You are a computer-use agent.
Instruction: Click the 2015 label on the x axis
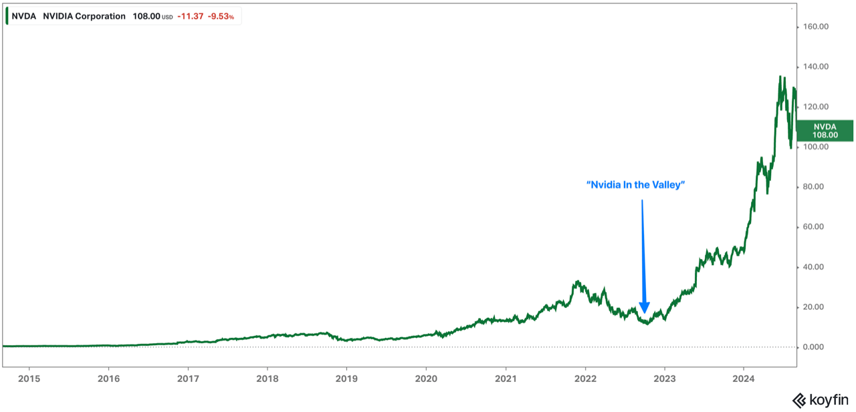click(29, 379)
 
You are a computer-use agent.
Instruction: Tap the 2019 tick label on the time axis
click(346, 379)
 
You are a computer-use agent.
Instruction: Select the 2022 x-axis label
click(584, 379)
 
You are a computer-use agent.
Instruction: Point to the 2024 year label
click(744, 379)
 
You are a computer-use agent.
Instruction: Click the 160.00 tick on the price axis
click(815, 27)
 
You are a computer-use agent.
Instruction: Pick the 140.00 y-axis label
click(815, 67)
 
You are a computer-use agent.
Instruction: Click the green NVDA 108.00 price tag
click(825, 130)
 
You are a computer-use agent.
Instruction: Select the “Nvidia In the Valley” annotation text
click(636, 185)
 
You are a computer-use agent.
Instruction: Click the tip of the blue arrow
click(644, 313)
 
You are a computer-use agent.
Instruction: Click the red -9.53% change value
click(220, 16)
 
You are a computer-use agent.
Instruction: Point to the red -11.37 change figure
click(189, 16)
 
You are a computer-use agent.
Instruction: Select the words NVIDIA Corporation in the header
click(84, 16)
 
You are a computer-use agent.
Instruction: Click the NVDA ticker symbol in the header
click(24, 16)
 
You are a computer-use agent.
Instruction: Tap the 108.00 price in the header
click(146, 16)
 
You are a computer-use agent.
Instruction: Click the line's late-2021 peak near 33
click(577, 281)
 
